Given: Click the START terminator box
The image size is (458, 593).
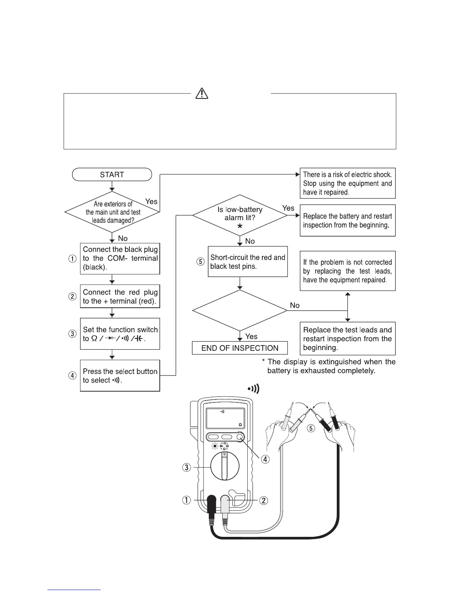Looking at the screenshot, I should [x=112, y=175].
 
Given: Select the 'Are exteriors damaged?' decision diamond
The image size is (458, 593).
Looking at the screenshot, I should [x=112, y=212].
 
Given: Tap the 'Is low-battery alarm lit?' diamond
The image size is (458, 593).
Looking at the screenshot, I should [x=240, y=215].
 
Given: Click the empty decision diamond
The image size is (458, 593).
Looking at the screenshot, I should [x=240, y=310].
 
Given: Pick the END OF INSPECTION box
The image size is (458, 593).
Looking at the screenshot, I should [x=240, y=348].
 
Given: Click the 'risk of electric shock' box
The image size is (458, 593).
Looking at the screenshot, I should [x=348, y=183].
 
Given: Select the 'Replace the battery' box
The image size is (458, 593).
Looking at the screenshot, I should [x=348, y=221].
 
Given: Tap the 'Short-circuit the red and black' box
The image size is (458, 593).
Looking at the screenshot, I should [x=248, y=262].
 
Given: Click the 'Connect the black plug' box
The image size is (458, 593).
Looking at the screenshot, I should [x=120, y=259].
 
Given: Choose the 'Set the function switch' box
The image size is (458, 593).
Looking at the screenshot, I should [x=120, y=334].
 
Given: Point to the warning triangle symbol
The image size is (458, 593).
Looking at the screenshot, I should [x=202, y=93].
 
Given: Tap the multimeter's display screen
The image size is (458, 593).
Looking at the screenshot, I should [x=225, y=419].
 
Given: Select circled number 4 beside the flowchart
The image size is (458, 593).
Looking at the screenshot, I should [x=73, y=376].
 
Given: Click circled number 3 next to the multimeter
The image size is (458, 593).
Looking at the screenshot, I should [x=186, y=467].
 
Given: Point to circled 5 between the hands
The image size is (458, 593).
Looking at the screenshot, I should [x=311, y=428].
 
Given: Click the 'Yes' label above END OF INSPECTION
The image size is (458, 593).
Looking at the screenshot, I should [x=251, y=337].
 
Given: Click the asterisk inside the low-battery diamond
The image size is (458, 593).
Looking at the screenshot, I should [x=240, y=227].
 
